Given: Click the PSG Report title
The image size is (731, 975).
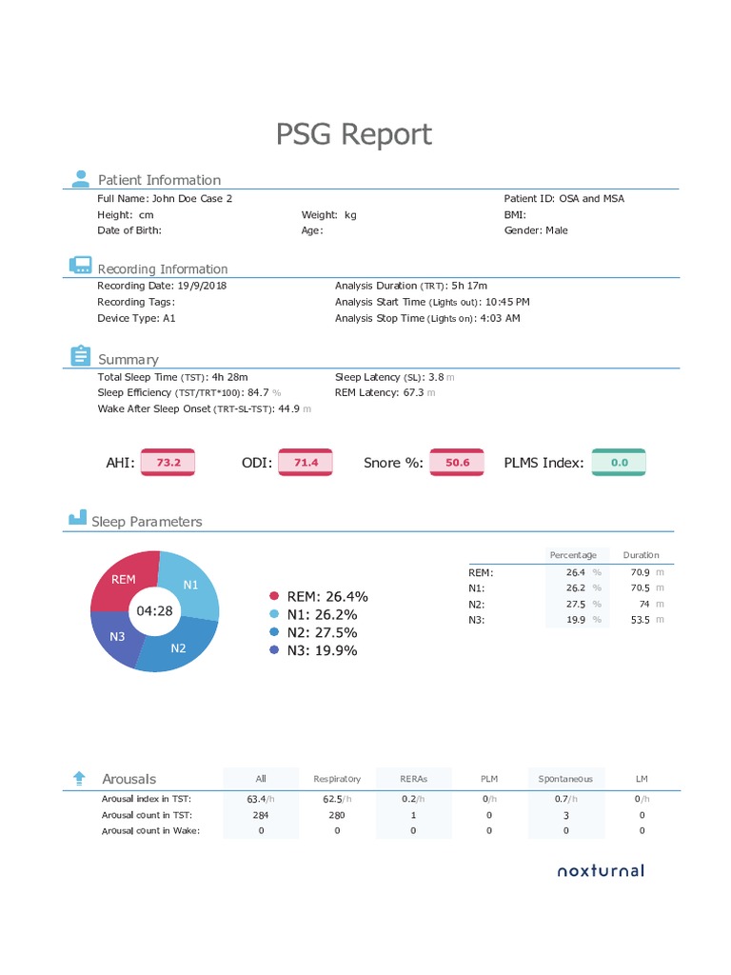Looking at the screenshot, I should coord(354,134).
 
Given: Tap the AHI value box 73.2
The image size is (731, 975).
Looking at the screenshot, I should coord(168,463).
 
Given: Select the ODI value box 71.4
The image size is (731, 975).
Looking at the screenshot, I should coord(306,463).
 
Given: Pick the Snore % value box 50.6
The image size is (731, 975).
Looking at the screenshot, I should coord(458,463).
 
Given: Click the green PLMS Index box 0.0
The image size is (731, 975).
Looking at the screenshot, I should coord(620,463).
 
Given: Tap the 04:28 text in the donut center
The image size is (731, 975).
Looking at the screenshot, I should coord(154,611).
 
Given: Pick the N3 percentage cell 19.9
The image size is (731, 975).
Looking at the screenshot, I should coord(575,620).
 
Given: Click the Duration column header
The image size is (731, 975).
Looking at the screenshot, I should coord(641,555).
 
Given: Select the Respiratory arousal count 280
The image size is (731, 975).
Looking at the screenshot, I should coord(337,815).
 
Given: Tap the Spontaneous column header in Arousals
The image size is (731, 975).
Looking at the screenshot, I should coord(565,779).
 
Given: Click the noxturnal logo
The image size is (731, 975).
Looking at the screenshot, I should coord(600,870).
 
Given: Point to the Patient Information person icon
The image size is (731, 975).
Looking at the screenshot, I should coord(80,178).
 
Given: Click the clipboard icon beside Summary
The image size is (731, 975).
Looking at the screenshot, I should coord(80,356).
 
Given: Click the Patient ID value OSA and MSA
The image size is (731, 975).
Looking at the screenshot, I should coord(591,198).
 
